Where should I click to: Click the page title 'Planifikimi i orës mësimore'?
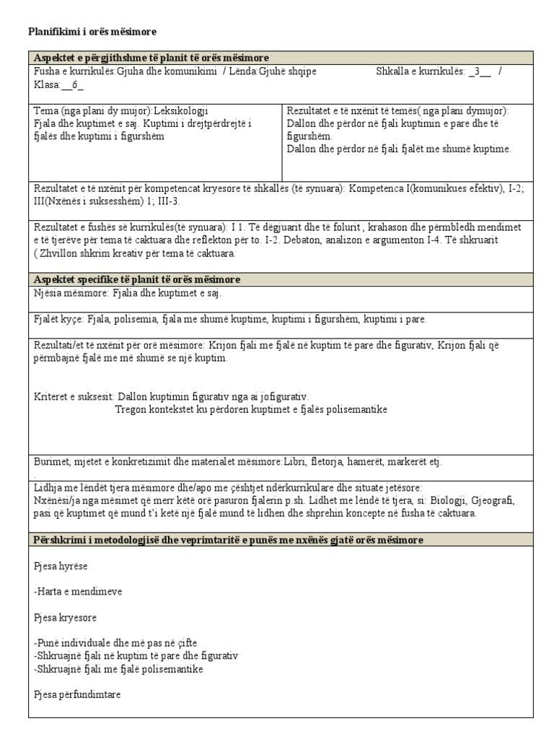pos(92,32)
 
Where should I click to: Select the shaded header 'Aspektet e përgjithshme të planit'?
pos(151,58)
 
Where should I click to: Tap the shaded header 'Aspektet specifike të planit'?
pos(137,279)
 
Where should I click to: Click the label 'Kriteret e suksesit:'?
pos(74,397)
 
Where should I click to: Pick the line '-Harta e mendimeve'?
pos(78,592)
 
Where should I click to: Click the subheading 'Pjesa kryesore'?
pos(65,618)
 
